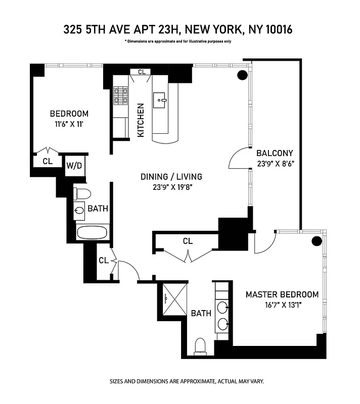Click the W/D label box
point(74,166)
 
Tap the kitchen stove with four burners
point(120,95)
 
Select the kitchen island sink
point(162,99)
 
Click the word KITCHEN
point(142,120)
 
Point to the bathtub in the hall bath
point(92,232)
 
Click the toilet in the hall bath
point(82,193)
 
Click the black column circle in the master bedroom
point(317,241)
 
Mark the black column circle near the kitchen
point(242,75)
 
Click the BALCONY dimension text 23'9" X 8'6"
point(275,164)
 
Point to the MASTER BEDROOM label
point(282,294)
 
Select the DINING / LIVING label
point(171,177)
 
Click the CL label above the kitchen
point(142,72)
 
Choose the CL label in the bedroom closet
point(48,161)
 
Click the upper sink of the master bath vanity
point(222,306)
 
